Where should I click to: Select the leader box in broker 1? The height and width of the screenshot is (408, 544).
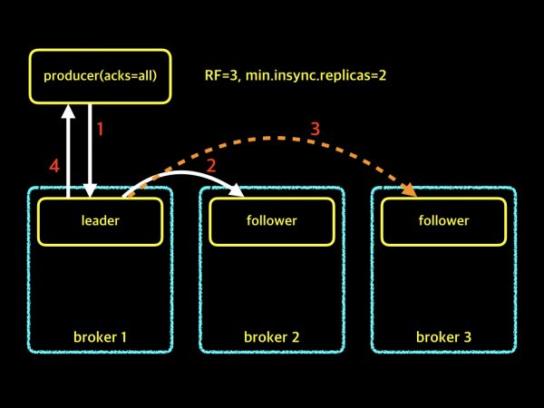click(x=100, y=220)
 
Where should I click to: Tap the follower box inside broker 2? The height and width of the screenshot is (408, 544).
click(x=271, y=220)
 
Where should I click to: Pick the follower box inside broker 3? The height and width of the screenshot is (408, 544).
click(x=443, y=220)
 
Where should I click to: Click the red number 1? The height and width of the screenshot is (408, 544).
click(x=101, y=129)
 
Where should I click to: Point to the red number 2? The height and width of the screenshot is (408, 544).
click(x=211, y=165)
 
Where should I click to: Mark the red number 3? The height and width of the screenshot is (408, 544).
click(x=315, y=129)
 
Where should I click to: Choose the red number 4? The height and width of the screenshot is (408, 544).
click(x=53, y=166)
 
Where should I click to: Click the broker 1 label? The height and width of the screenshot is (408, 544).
click(x=100, y=337)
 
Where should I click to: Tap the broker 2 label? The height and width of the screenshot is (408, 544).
click(x=271, y=337)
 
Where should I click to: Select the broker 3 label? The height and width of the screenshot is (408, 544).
click(x=443, y=337)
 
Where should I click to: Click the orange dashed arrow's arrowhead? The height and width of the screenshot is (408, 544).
click(x=410, y=190)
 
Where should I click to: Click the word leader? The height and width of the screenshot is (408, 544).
click(x=100, y=220)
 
